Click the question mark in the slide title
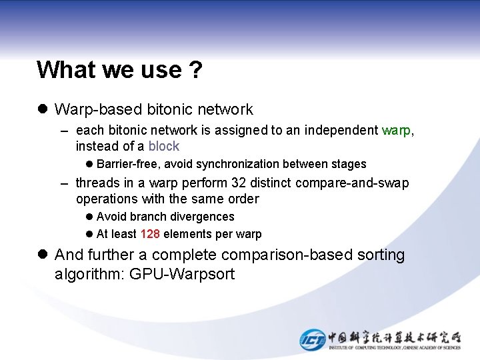(x=195, y=69)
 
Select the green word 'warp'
(x=397, y=130)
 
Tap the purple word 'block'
(x=164, y=146)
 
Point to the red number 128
(x=150, y=234)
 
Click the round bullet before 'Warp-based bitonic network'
(x=42, y=109)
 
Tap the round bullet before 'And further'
(x=42, y=255)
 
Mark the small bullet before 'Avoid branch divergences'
(x=89, y=217)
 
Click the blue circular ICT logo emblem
(x=312, y=339)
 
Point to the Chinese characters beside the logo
(x=394, y=337)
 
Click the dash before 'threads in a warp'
(x=64, y=183)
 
